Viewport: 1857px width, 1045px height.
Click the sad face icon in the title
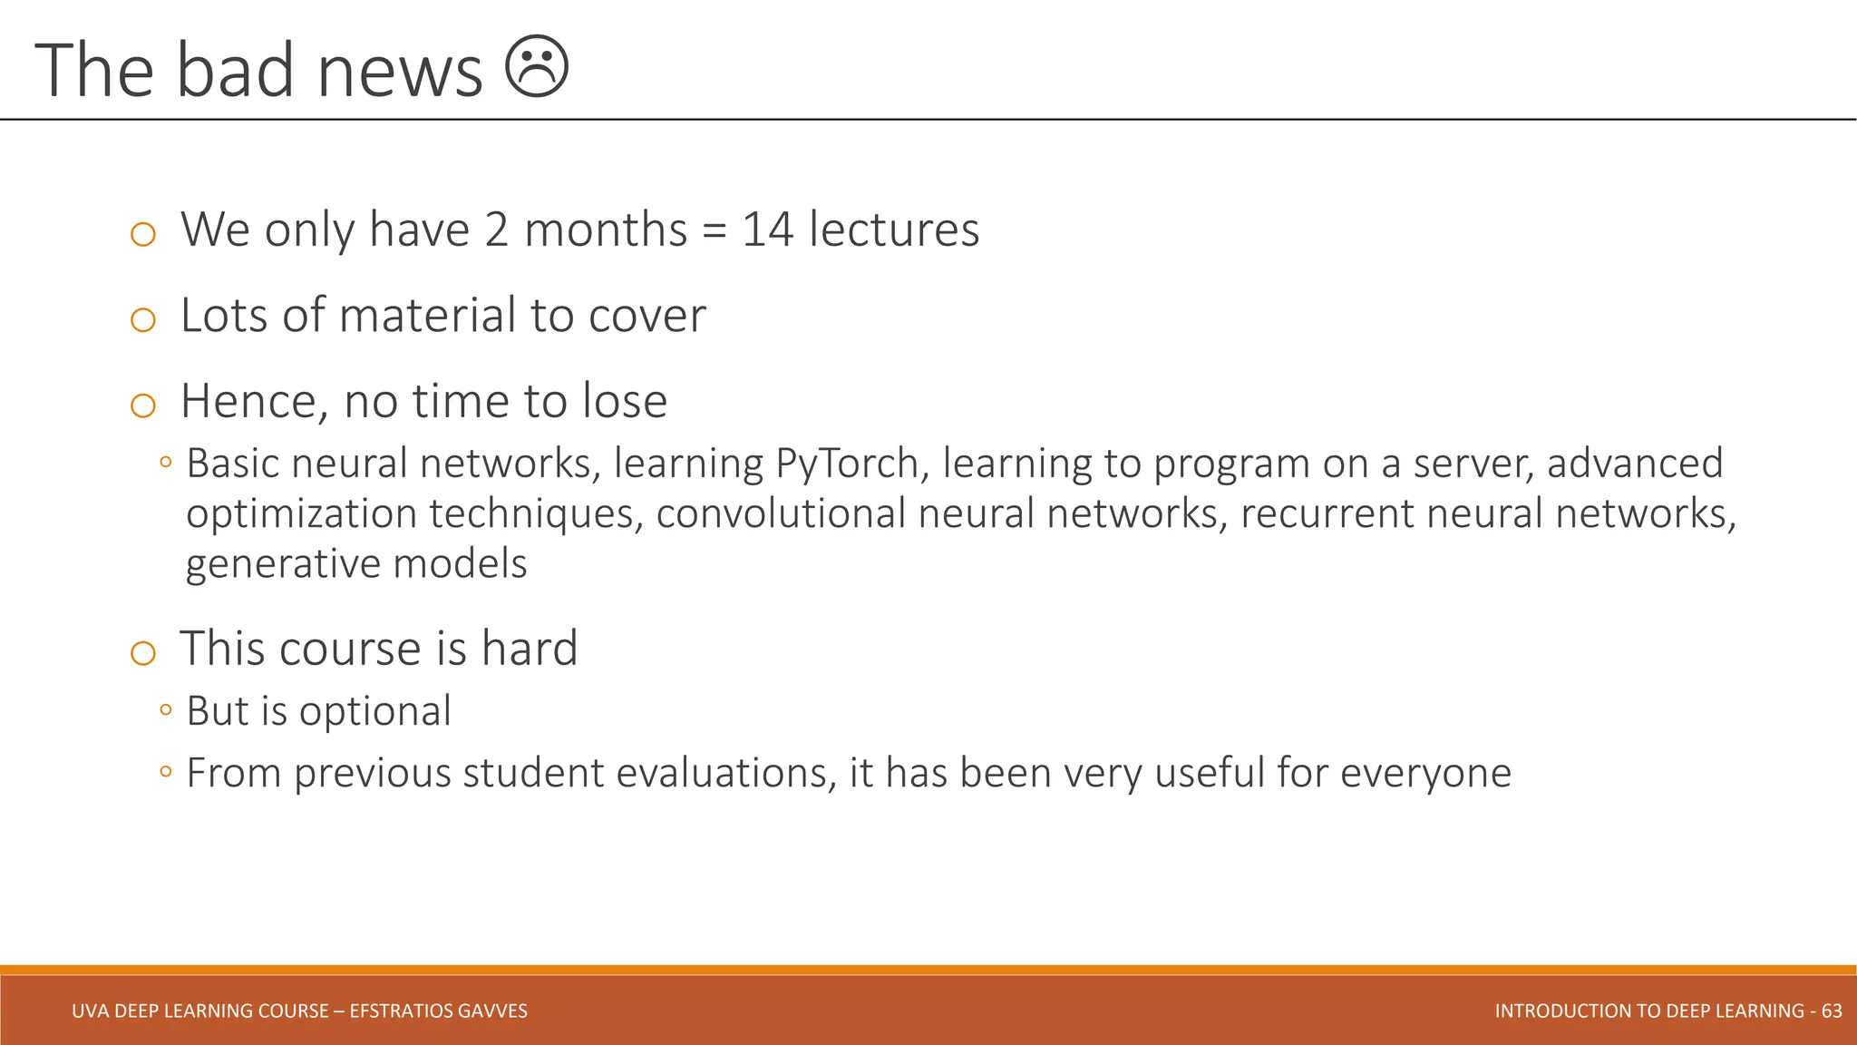tap(536, 66)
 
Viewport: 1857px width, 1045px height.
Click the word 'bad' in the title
tap(235, 71)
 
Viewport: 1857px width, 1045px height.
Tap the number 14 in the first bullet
tap(767, 230)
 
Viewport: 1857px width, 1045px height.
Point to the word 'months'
tap(605, 230)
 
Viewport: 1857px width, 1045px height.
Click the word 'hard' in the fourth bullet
tap(529, 649)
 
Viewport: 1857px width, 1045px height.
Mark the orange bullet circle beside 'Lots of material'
tap(143, 319)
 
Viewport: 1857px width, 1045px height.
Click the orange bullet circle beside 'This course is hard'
tap(143, 652)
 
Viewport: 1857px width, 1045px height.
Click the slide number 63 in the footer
tap(1832, 1011)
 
